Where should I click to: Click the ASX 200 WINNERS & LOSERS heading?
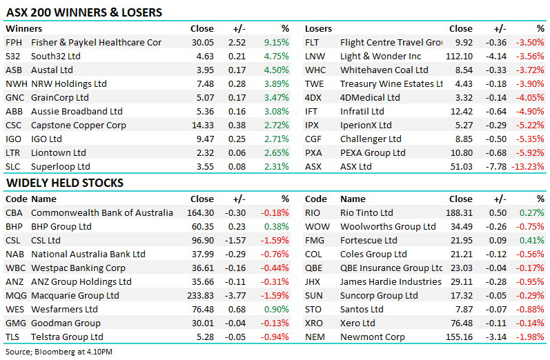click(x=84, y=12)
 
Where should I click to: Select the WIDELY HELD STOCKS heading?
click(x=65, y=183)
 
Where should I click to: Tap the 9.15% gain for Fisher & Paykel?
click(x=277, y=43)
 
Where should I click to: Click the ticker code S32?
click(x=12, y=56)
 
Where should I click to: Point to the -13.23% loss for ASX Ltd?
click(x=527, y=166)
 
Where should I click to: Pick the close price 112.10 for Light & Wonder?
click(x=459, y=56)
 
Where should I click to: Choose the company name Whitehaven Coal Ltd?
click(x=384, y=70)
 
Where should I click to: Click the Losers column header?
click(x=318, y=29)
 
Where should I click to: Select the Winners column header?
click(x=24, y=29)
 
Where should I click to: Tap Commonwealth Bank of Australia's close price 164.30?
click(x=200, y=213)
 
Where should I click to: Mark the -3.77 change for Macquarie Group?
click(x=235, y=295)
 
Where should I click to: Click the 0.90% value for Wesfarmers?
click(x=277, y=309)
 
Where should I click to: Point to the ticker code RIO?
click(x=313, y=213)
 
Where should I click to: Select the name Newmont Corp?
click(x=373, y=337)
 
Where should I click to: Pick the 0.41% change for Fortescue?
click(x=532, y=241)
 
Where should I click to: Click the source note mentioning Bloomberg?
click(x=59, y=352)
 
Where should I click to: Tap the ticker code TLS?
click(x=12, y=337)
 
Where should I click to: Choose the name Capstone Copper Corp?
click(x=79, y=125)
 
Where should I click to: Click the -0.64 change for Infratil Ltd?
click(x=496, y=112)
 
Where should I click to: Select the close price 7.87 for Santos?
click(x=464, y=309)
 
